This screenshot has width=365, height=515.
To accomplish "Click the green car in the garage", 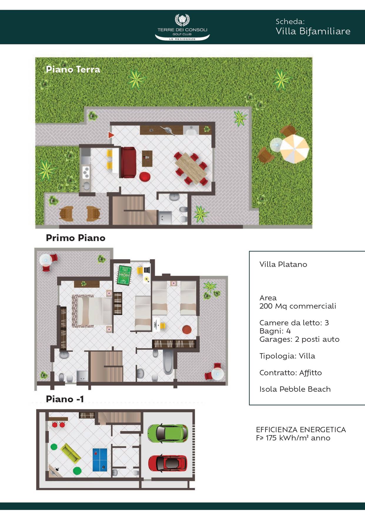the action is click(168, 433).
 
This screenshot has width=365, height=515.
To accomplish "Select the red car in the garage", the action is click(168, 463).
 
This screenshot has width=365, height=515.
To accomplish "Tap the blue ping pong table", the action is click(100, 460).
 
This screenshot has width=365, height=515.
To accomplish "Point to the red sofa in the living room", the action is click(129, 162).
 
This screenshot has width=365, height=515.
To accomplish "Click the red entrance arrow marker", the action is click(111, 135).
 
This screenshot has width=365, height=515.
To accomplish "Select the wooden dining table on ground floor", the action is click(191, 168).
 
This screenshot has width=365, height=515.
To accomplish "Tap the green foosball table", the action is click(123, 275).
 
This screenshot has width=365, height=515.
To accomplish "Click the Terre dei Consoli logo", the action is click(182, 27).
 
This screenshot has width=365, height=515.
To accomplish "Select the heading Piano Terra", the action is click(73, 69).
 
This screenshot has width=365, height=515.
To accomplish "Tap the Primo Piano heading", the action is click(76, 238).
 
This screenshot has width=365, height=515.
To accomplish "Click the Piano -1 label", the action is click(65, 399).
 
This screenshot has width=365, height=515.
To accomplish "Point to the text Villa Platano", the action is click(283, 264).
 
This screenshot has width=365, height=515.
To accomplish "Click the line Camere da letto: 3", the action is click(294, 323).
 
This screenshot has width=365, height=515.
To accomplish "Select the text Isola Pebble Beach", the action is click(295, 389).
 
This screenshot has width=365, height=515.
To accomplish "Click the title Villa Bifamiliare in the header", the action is click(313, 31).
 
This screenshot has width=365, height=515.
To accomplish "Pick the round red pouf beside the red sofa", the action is click(145, 177).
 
